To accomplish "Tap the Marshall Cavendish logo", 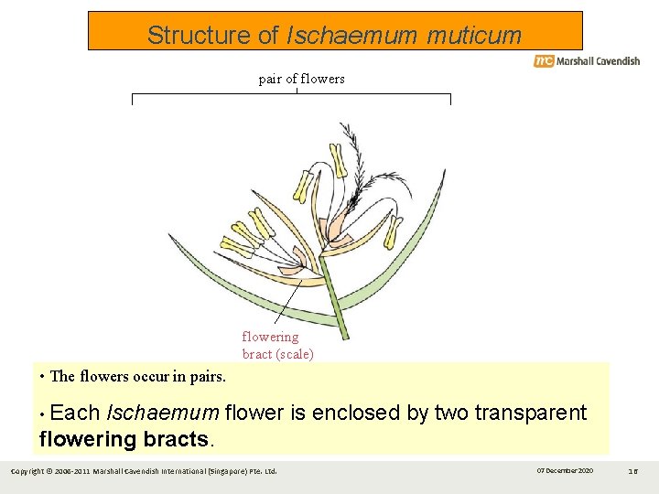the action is coord(587,61).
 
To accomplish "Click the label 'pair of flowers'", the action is coord(301,79).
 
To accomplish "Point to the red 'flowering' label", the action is coord(270,337).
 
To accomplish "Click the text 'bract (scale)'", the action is coord(277,354).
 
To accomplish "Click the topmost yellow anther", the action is coord(338,160).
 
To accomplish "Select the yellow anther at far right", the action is coord(393,232).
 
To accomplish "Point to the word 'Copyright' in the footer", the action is coord(27,471).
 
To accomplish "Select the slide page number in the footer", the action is coord(632,470).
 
